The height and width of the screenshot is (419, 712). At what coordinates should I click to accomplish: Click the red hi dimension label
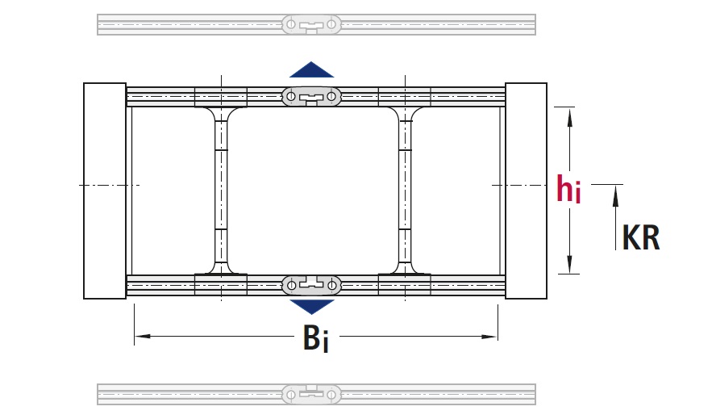pos(568,189)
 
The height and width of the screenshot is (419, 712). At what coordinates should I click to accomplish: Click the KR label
pos(641,237)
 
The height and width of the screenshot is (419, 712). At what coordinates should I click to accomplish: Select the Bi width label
pos(315,338)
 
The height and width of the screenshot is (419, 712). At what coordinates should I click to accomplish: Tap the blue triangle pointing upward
pos(311,69)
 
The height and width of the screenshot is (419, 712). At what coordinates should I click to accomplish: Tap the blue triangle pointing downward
pos(311,307)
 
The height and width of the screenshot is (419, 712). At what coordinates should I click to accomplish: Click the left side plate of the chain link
pos(105,191)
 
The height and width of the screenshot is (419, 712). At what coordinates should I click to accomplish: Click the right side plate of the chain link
pos(526,191)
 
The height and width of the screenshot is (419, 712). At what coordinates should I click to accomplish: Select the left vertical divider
pos(221,191)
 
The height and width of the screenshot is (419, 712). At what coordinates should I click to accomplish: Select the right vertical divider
pos(405,191)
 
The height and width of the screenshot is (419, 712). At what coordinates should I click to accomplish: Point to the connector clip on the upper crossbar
pos(311,97)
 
